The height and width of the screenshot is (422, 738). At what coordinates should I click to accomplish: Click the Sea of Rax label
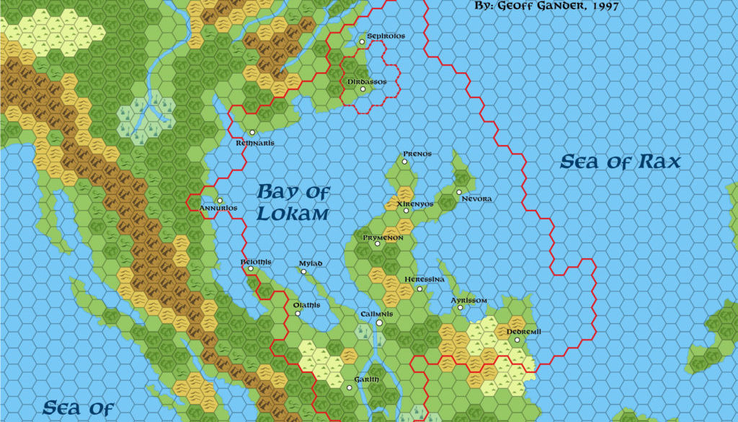620,162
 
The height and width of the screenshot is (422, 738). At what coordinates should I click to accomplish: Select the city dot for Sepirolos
363,43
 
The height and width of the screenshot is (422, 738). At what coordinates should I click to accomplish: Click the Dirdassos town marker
363,89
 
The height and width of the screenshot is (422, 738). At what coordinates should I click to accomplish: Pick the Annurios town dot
220,201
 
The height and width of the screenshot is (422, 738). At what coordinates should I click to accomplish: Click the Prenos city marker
405,162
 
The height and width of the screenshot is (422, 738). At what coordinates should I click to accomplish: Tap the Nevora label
476,198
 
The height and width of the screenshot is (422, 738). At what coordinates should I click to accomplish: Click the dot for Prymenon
377,244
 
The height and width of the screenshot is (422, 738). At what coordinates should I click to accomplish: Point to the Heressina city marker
420,289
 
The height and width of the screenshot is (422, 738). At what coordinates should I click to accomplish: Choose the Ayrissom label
469,300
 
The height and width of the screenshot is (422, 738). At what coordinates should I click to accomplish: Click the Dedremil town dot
517,340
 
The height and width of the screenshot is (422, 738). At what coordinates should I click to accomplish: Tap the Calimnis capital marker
379,323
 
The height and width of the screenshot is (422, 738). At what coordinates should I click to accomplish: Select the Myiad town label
310,263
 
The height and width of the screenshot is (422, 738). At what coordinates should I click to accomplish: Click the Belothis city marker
251,269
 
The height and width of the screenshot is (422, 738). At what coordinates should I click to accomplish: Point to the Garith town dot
350,388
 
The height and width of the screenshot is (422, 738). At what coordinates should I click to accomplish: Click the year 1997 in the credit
600,6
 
